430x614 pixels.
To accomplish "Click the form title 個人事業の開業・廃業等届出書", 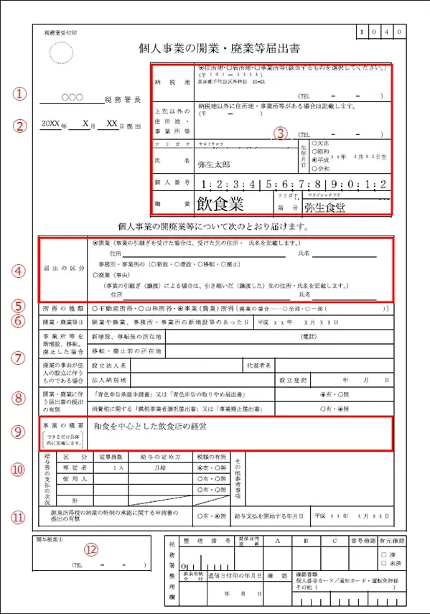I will click(x=220, y=49).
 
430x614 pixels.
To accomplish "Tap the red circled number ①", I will click(x=21, y=94).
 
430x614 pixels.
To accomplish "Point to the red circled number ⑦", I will click(x=21, y=357).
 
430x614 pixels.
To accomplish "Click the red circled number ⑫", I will click(x=90, y=549).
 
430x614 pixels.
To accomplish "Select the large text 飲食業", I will click(x=220, y=203).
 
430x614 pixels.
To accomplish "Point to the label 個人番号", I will click(x=172, y=184).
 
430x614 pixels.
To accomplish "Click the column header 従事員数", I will click(x=113, y=457).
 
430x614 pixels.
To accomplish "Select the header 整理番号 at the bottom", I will click(x=197, y=540).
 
